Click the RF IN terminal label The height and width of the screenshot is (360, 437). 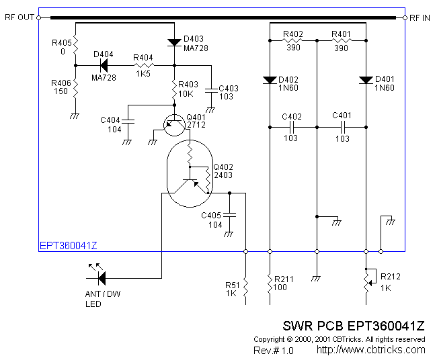click(x=421, y=17)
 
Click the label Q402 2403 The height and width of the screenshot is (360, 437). click(x=223, y=171)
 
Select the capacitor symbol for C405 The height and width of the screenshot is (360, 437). click(x=231, y=214)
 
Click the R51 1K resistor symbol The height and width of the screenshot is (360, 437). click(x=246, y=287)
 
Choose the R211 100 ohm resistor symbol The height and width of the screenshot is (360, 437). click(x=270, y=287)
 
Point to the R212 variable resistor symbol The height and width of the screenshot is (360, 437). click(x=366, y=277)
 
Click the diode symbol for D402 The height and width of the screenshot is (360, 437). click(x=270, y=80)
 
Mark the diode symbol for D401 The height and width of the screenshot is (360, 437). click(x=366, y=80)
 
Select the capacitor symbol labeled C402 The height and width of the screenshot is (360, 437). click(x=293, y=126)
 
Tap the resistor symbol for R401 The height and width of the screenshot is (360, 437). click(x=342, y=40)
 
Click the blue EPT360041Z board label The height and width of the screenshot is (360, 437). click(x=68, y=246)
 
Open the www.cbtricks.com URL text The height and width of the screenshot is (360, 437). click(x=370, y=350)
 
